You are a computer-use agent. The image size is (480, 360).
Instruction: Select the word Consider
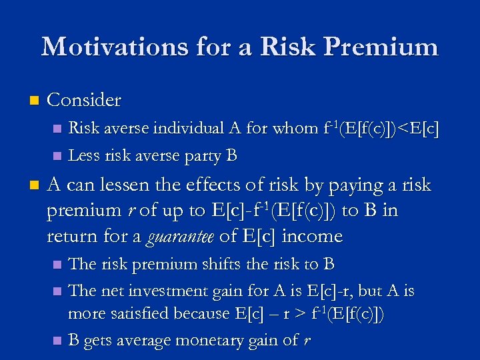click(x=85, y=101)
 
